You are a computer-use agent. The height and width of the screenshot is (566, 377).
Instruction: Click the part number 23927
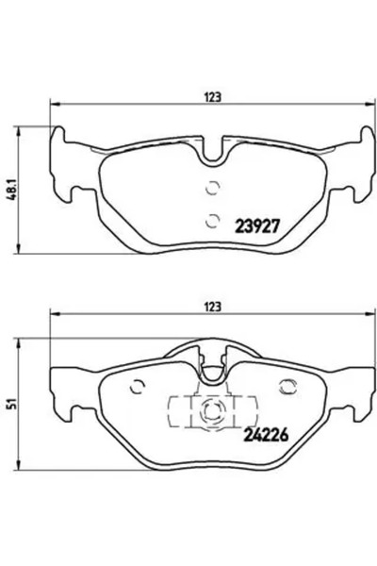257,227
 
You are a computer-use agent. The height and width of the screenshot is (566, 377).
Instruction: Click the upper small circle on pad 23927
211,186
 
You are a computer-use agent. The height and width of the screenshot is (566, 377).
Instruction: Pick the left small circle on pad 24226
138,387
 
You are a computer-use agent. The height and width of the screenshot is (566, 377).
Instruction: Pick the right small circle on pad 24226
286,387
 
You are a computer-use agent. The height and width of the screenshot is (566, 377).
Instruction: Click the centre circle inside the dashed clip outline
211,411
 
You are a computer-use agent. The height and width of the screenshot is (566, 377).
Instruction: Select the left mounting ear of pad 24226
61,396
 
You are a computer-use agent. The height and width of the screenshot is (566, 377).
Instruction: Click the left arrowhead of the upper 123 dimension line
55,105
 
